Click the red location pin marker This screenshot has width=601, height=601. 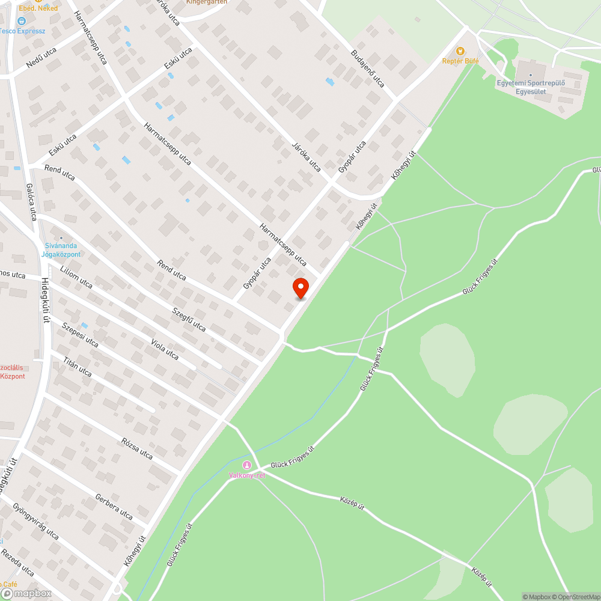pos(300,287)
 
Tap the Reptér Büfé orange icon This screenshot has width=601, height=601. pos(460,52)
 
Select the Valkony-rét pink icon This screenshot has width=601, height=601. pos(246,465)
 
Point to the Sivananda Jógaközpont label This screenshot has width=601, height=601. pos(61,250)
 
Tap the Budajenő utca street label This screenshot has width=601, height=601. pos(367,69)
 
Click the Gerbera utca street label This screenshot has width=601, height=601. pos(114,506)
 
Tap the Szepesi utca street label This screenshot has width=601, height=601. pos(79,334)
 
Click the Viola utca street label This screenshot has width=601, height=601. pos(164,349)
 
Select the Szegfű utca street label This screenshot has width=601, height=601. pos(189,319)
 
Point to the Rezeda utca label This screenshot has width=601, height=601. pos(17,563)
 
